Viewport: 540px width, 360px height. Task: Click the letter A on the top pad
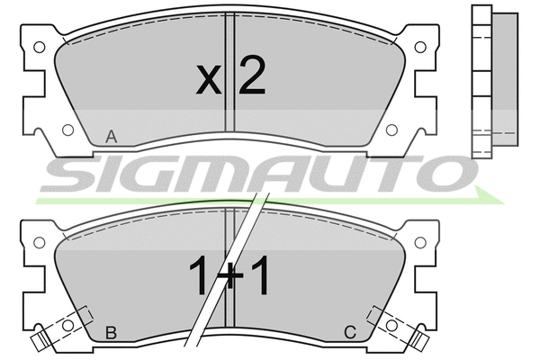(112, 137)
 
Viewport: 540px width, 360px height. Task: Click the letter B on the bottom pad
(111, 333)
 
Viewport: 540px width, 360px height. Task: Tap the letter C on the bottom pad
(350, 333)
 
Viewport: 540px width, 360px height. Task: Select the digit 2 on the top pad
(252, 76)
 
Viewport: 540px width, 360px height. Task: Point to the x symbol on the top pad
(209, 80)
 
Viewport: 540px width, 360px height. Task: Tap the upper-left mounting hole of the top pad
(40, 47)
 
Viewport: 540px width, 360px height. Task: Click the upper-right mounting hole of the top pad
(420, 47)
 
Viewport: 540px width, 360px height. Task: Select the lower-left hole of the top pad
(67, 130)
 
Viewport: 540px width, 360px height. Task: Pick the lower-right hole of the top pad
(391, 130)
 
